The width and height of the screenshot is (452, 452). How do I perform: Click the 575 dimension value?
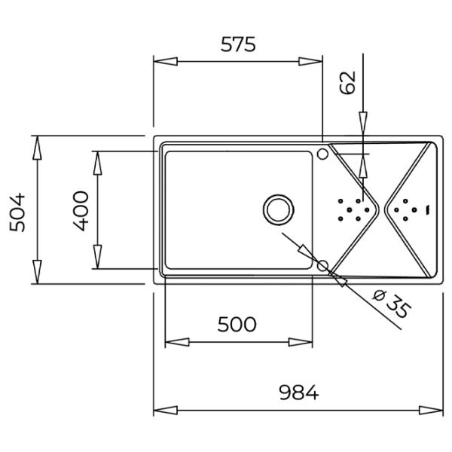(238, 44)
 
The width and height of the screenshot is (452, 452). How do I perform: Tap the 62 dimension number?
(347, 82)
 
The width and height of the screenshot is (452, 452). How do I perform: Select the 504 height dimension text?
(17, 212)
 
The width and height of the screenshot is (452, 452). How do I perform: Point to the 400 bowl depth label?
(81, 211)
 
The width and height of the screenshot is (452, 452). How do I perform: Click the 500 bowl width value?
(237, 324)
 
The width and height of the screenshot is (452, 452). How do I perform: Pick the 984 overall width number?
(299, 392)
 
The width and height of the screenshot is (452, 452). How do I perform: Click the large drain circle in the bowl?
(279, 209)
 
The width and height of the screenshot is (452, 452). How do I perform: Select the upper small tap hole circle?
(322, 154)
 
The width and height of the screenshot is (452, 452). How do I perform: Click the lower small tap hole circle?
(322, 265)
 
